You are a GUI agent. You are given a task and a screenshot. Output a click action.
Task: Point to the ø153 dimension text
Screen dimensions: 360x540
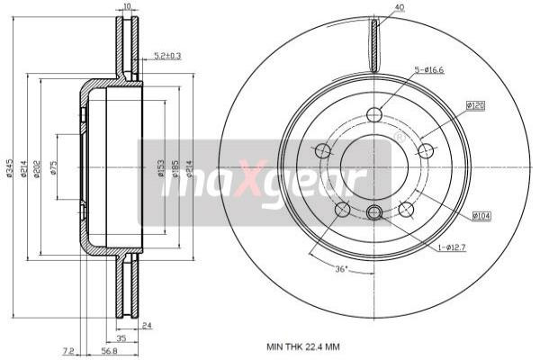161,168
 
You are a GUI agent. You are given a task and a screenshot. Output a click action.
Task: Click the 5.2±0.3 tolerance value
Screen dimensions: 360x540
166,56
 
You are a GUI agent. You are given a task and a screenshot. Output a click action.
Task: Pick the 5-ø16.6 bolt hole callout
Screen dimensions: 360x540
430,69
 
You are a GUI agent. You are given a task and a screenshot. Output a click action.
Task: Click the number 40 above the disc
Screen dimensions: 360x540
399,8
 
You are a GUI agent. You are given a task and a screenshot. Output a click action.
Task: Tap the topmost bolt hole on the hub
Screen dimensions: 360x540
374,114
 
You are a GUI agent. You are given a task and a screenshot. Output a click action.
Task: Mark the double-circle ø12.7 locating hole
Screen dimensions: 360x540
374,212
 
